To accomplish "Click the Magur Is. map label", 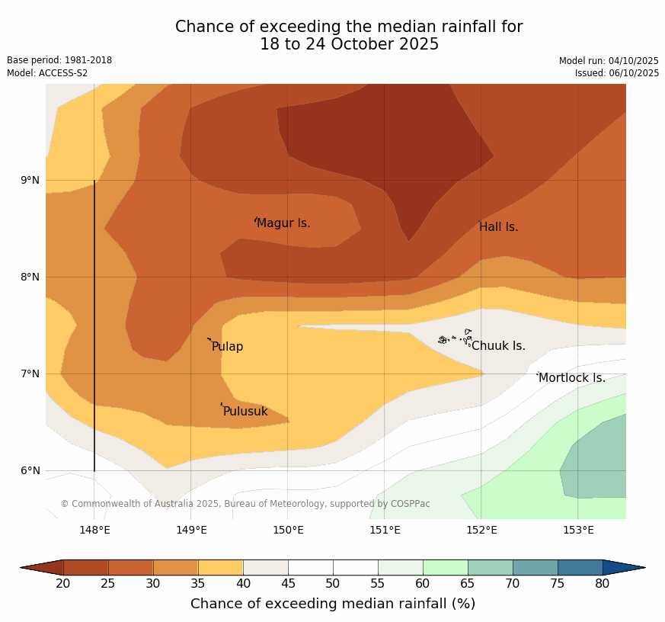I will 283,223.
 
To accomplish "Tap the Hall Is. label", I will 498,227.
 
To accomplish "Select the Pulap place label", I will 227,347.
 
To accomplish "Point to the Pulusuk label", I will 245,412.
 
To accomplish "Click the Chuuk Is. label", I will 498,346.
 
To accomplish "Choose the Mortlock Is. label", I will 571,378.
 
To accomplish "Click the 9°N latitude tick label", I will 30,181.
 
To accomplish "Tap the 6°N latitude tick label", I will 30,470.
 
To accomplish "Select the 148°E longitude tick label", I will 94,530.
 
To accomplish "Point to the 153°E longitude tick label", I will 578,530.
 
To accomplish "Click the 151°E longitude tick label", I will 385,530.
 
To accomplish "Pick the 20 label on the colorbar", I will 63,584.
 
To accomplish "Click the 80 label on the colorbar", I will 603,584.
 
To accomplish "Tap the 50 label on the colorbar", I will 333,584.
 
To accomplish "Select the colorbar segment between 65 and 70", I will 490,567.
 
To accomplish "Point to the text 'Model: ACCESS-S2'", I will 47,73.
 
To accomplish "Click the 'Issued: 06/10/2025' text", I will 616,73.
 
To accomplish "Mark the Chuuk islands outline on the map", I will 456,338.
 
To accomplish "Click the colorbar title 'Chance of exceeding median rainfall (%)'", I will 333,604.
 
